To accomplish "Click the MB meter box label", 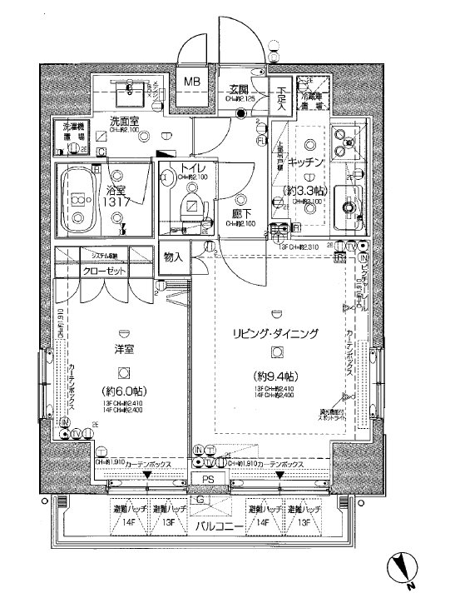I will coord(192,82).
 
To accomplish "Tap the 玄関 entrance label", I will coord(240,89).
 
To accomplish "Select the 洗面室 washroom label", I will coord(124,121).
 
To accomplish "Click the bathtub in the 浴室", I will coord(79,200).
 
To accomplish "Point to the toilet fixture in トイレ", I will coord(192,208).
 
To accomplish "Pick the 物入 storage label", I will coord(174,258).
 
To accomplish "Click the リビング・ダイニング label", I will coord(276,333).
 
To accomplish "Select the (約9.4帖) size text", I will coord(276,375).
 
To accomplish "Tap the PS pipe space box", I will coord(207,479).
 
